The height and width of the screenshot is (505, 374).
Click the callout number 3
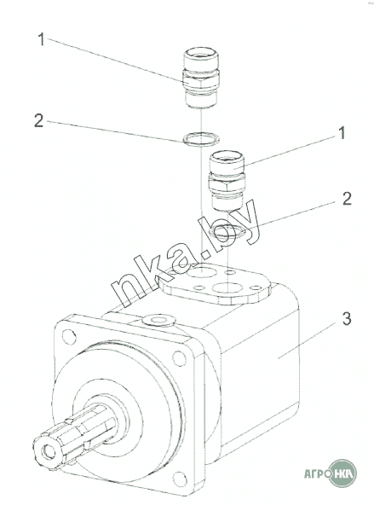click(x=347, y=318)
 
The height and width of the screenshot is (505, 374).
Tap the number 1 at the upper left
click(x=41, y=39)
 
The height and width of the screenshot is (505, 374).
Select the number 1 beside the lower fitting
click(x=342, y=133)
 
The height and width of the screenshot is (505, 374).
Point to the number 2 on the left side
click(x=38, y=120)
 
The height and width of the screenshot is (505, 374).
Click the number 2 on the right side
click(x=347, y=199)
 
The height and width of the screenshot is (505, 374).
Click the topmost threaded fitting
click(x=200, y=78)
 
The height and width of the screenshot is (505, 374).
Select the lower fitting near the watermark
click(x=227, y=181)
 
